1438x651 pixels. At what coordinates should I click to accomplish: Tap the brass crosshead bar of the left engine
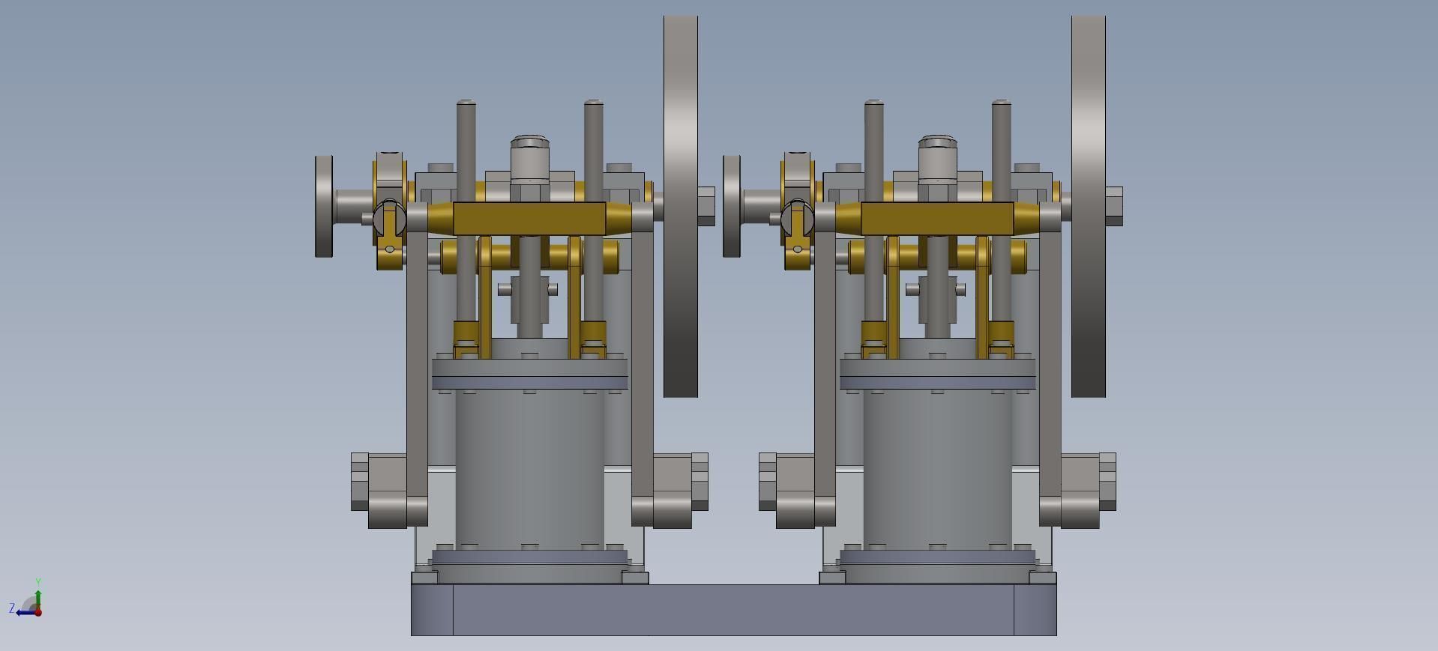(x=529, y=218)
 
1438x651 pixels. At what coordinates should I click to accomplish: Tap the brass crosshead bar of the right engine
(x=937, y=218)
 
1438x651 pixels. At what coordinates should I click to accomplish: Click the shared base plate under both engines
(x=733, y=610)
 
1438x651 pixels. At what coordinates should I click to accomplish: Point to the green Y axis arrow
(x=38, y=596)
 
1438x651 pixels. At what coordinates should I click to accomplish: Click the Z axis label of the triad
(x=12, y=608)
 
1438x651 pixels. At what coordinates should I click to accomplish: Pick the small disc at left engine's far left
(x=324, y=206)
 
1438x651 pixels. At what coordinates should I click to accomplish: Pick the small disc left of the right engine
(x=732, y=206)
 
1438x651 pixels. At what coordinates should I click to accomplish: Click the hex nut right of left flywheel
(x=706, y=206)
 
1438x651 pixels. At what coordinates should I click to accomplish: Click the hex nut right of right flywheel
(x=1114, y=206)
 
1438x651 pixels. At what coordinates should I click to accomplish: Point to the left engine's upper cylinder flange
(x=529, y=373)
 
